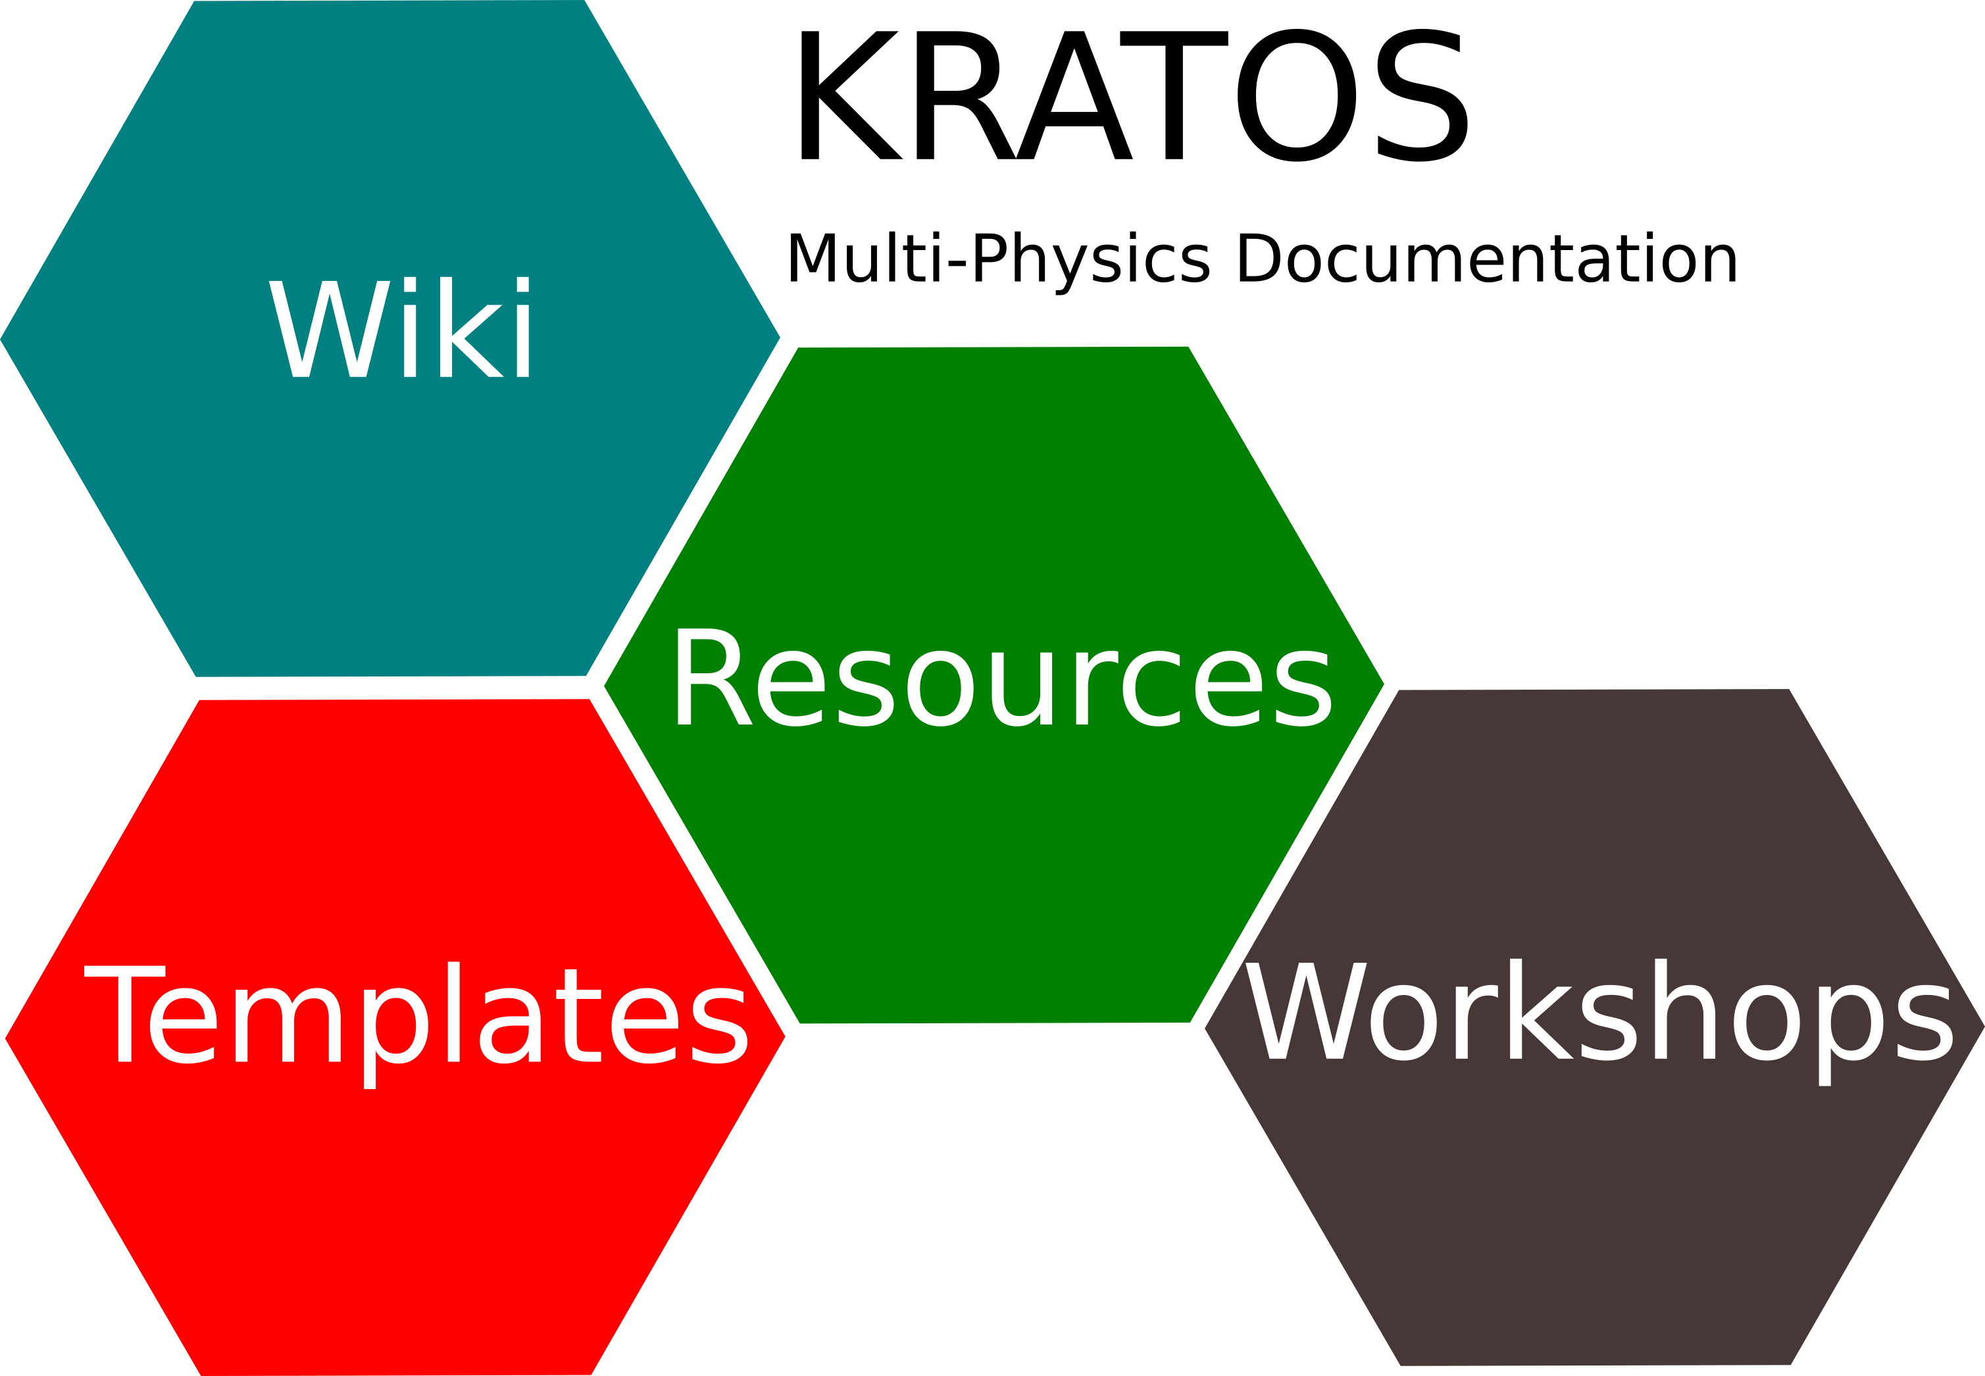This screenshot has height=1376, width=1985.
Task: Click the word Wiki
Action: (x=399, y=328)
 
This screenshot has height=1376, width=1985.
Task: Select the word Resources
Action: (x=1001, y=678)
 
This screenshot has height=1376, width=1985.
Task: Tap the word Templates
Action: (x=415, y=1015)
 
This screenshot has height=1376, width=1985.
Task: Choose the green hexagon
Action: (x=993, y=862)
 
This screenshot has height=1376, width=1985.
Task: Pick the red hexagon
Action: (x=395, y=1207)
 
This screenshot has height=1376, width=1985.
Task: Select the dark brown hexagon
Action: (x=1595, y=1207)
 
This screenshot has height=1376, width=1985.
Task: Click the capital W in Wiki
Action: (x=329, y=328)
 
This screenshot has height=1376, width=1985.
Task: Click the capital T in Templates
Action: (x=125, y=1014)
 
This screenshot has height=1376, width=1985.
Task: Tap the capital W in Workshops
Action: (x=1306, y=1010)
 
